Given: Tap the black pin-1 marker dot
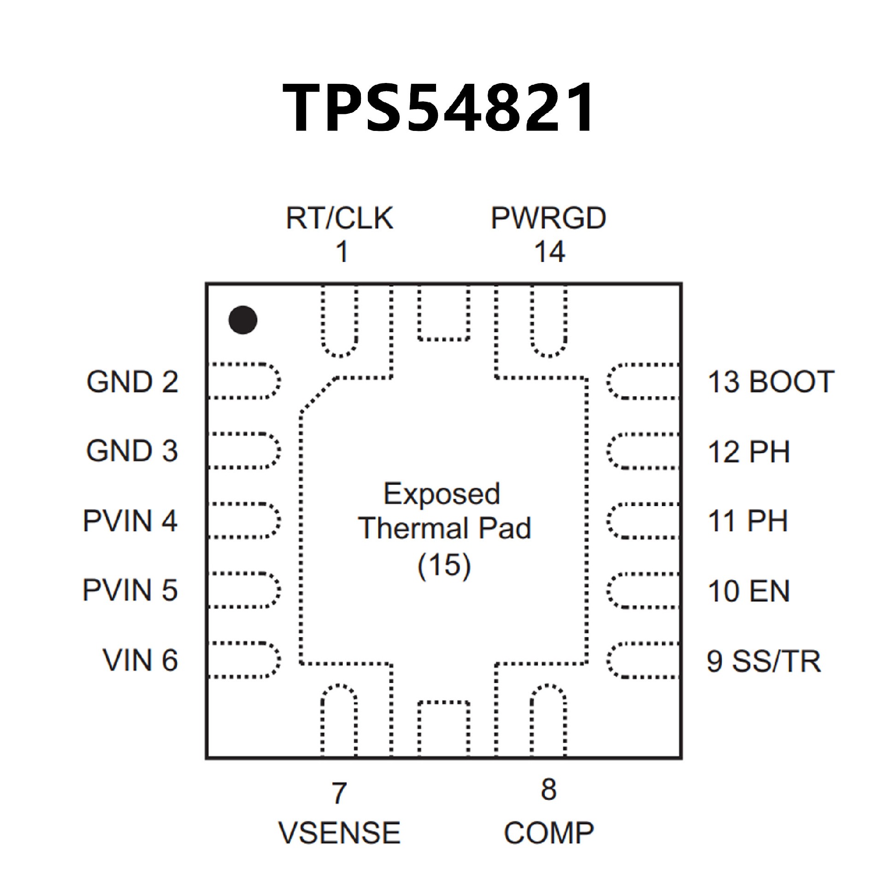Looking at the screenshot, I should [243, 320].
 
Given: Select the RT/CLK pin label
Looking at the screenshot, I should [340, 218].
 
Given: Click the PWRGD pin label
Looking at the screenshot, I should [548, 218].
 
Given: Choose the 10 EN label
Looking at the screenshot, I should [749, 591].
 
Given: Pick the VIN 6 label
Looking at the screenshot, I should [140, 660].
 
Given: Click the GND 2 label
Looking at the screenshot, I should [132, 382].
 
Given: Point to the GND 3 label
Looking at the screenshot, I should [132, 451].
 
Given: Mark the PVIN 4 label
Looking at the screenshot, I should [130, 521].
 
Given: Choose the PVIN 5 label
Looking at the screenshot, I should [130, 590].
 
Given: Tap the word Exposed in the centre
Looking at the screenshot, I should [442, 494].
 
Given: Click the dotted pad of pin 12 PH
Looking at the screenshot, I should [643, 451].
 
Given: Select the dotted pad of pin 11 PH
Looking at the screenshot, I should [643, 521].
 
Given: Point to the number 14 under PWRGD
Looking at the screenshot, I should [549, 252].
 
